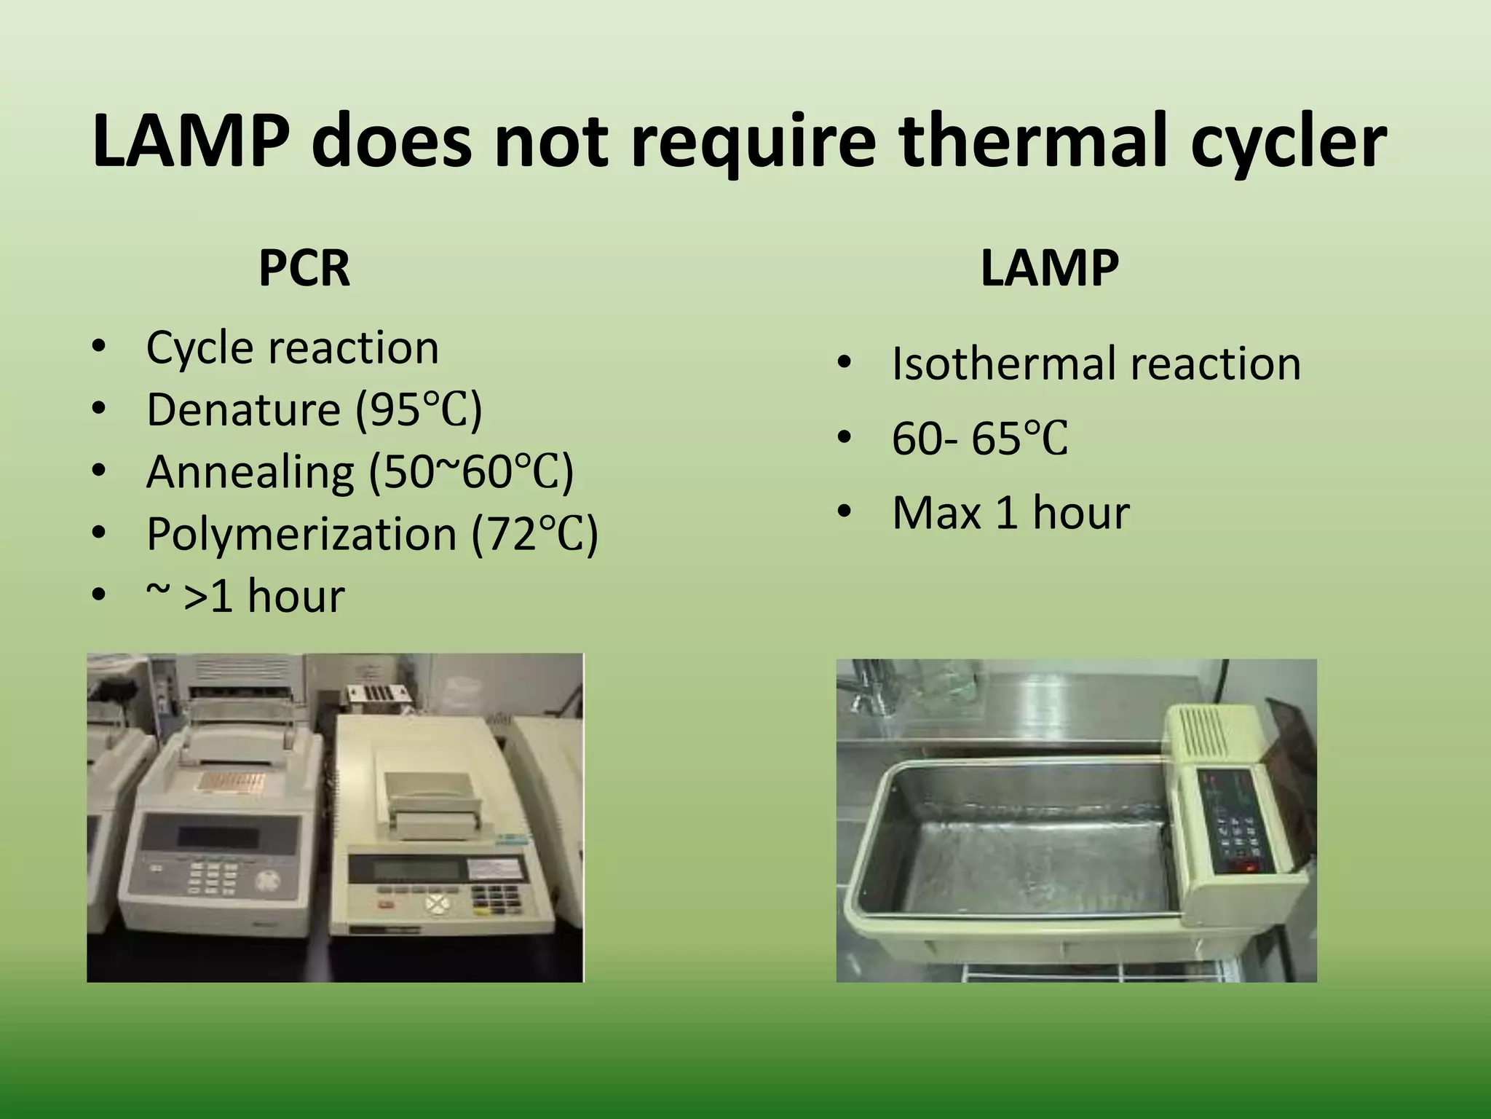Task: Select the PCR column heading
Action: [304, 268]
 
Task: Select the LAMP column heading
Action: [1049, 268]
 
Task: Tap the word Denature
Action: [243, 409]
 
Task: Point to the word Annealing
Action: [250, 471]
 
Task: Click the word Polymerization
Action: [301, 534]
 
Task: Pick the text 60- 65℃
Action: [980, 439]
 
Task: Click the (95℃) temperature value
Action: [419, 409]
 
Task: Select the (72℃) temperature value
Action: [535, 534]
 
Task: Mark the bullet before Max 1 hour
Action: [844, 512]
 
